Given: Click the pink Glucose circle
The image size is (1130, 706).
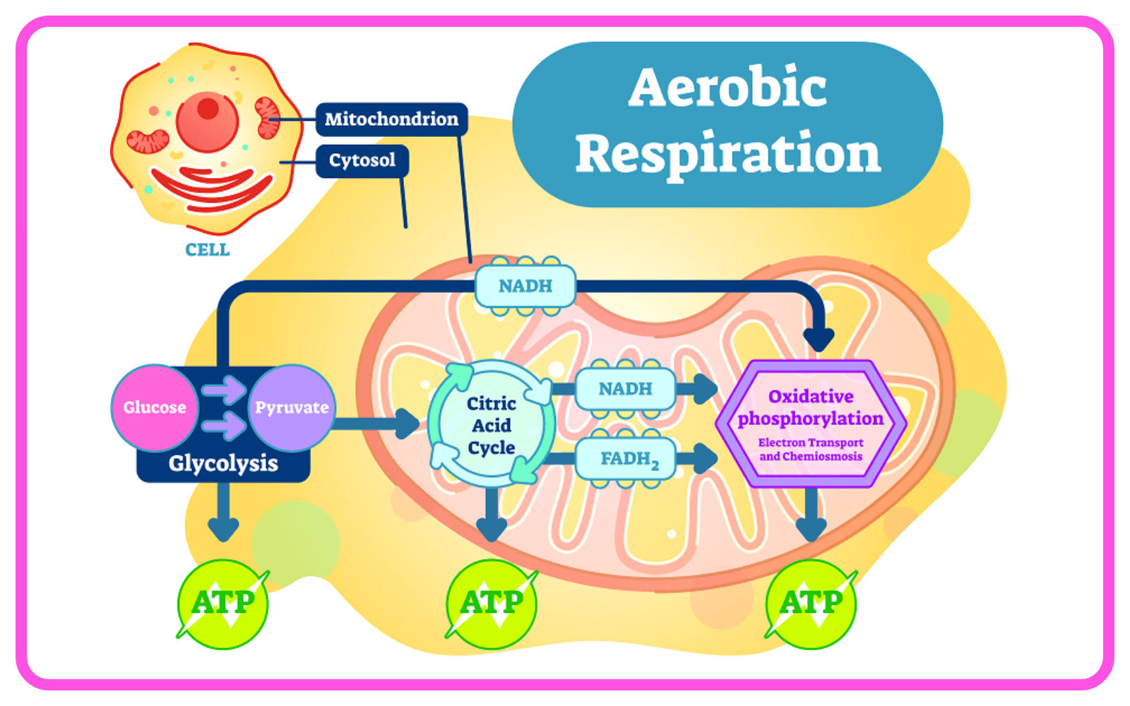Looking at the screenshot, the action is [155, 407].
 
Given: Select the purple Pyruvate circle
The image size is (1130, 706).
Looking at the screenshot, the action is [292, 407].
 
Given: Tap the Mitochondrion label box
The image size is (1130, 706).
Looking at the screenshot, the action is [391, 119].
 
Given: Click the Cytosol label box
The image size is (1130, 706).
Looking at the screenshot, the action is [362, 160].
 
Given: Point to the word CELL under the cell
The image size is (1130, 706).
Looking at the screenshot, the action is [208, 250].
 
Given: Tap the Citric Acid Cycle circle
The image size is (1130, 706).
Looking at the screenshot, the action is [492, 424].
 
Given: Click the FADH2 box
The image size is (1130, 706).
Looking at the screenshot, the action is [626, 458].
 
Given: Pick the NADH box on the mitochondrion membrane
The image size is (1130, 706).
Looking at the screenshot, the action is [525, 286].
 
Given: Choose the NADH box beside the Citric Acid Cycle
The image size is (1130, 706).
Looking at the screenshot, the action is [626, 388].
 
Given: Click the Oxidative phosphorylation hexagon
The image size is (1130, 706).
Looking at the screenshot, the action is [811, 424].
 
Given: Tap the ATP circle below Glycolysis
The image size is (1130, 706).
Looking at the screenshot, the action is [223, 604].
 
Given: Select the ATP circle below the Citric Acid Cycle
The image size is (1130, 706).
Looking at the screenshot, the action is [492, 604].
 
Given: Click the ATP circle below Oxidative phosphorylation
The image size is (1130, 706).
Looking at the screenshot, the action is [811, 604].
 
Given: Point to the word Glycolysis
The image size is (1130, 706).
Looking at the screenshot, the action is [223, 463].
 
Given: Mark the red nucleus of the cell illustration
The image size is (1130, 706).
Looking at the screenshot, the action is [208, 121].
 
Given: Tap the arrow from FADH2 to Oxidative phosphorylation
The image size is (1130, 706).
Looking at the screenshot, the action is [696, 458].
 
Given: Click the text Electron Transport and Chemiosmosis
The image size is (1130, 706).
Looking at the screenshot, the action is [811, 449].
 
